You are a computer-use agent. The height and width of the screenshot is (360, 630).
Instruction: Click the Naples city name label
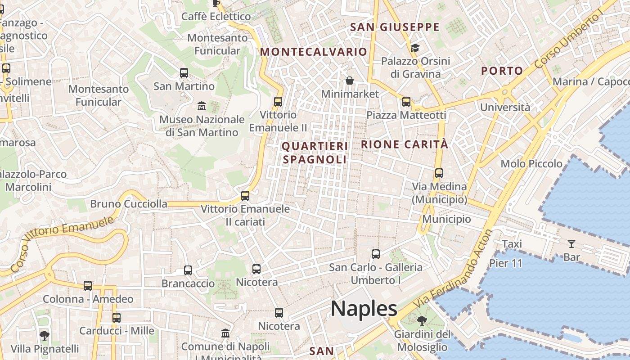click(364, 309)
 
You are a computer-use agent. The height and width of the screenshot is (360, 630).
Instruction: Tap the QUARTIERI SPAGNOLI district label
click(315, 153)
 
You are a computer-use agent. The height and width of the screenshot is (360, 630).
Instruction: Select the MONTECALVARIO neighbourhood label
click(314, 52)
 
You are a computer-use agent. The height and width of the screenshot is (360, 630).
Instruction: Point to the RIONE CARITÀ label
click(405, 144)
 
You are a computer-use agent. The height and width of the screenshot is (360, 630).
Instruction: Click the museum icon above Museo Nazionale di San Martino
click(202, 106)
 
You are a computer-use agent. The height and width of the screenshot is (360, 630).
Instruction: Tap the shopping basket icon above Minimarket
click(350, 81)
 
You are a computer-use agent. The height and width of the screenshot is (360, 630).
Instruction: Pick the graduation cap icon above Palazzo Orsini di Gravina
click(414, 47)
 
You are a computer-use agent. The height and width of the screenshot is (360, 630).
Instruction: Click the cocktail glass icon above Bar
click(571, 244)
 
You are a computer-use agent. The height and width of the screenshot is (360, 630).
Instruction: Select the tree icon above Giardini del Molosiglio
click(422, 321)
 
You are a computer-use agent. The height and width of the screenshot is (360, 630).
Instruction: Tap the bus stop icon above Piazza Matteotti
click(406, 102)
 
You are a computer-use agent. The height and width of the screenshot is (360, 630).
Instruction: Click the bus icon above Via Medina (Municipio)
click(439, 173)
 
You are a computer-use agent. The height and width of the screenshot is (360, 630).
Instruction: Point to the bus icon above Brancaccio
click(188, 270)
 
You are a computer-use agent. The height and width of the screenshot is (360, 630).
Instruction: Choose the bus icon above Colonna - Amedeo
click(88, 286)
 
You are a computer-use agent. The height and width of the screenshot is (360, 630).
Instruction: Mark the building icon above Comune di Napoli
click(225, 333)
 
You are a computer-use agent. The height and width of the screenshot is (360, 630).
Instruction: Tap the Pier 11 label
click(505, 263)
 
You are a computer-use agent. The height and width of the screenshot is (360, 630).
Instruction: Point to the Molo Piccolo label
click(531, 164)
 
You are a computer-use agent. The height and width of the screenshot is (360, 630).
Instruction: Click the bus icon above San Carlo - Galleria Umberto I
click(376, 254)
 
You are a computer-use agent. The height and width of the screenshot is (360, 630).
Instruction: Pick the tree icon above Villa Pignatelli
click(44, 335)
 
